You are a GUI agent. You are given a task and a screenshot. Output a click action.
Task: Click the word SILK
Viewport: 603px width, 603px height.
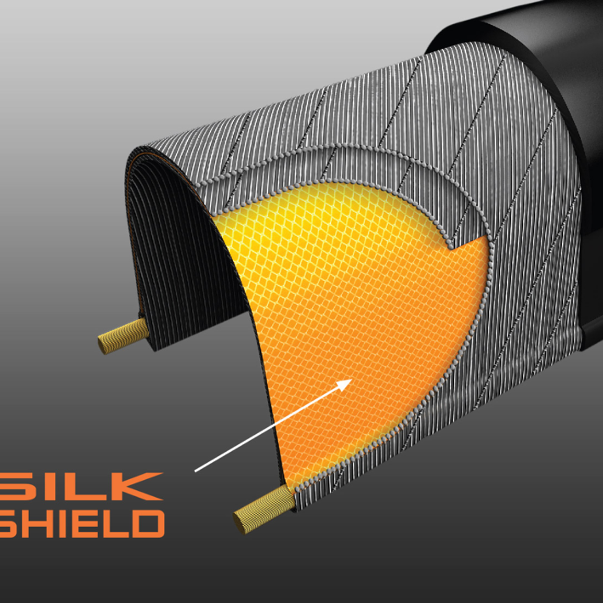81,487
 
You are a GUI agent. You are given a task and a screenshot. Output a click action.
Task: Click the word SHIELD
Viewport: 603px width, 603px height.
82,524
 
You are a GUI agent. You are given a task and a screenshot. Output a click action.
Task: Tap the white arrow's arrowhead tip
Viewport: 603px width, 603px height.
352,379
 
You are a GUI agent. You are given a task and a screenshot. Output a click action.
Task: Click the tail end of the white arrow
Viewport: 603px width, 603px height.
195,471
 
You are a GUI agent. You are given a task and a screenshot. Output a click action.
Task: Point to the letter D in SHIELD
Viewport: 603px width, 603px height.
149,524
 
